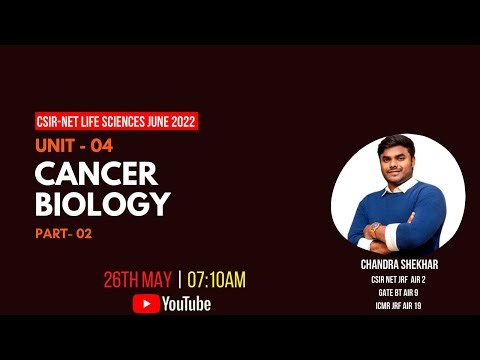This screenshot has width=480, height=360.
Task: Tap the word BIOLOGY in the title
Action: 102,203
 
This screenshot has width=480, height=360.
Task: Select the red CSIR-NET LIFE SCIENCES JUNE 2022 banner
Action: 115,122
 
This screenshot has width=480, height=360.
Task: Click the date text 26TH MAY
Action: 140,280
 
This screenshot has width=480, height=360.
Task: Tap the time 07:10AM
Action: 216,280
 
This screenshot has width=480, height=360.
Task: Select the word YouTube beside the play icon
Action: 186,304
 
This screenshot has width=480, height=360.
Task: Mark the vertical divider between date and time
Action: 181,280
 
